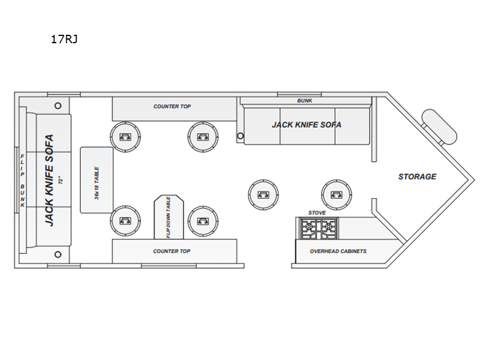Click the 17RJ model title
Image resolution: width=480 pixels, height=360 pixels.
[64, 39]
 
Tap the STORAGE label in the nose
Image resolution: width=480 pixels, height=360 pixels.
[417, 176]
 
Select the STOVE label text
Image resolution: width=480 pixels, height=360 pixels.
[317, 213]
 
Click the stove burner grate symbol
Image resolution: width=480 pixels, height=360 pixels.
[319, 228]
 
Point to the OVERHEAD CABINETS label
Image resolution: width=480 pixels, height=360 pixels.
[338, 251]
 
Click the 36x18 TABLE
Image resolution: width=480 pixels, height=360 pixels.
[97, 180]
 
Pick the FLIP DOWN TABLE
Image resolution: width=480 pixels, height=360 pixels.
[169, 217]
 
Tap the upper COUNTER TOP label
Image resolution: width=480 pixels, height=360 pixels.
[172, 107]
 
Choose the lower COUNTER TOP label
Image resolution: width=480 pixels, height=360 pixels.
[172, 251]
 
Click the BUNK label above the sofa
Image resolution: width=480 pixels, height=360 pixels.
[305, 101]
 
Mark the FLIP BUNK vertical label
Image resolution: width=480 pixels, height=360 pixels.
[22, 181]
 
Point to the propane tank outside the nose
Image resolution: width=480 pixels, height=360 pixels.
[439, 127]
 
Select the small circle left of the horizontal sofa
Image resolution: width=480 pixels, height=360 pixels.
[241, 136]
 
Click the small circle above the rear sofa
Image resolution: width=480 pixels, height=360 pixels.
[58, 106]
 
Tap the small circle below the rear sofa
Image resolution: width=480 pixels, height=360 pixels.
[58, 254]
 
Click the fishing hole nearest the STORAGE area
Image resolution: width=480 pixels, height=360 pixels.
[337, 194]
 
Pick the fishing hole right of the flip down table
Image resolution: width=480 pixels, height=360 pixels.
[203, 221]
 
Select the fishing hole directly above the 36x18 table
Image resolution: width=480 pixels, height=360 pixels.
[125, 137]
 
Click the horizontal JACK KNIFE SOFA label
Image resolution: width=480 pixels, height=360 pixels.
[307, 125]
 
